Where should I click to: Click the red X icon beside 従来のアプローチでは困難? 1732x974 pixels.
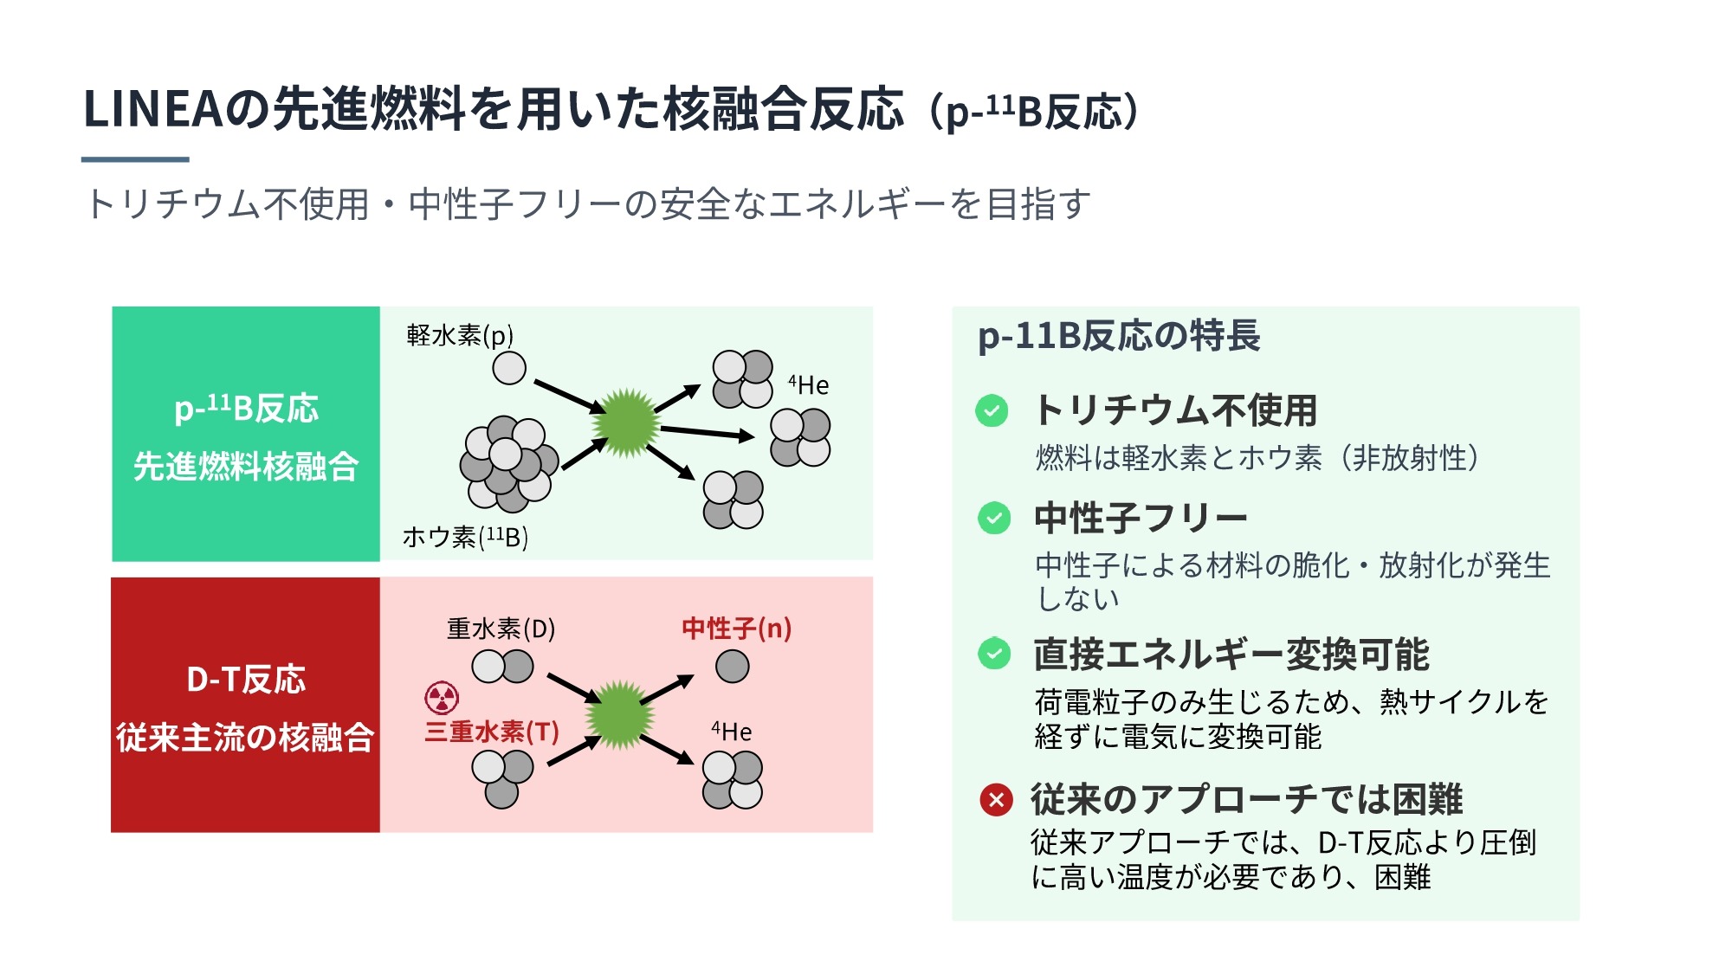point(996,800)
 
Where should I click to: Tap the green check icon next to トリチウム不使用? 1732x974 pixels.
point(992,410)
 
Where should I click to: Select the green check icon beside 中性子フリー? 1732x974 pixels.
point(993,519)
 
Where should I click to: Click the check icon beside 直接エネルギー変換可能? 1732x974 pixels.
point(993,654)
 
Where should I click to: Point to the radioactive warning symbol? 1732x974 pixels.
point(442,697)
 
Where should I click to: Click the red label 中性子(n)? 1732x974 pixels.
point(736,629)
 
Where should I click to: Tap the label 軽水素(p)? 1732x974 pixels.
point(460,335)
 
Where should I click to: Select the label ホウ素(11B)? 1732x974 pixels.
point(465,538)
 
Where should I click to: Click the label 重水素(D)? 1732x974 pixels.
point(501,629)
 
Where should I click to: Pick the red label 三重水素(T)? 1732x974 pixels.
point(492,732)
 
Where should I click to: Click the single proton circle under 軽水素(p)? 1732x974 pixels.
point(509,368)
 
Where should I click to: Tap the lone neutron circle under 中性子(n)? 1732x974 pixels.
point(733,667)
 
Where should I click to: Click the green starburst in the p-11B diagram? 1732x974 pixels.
point(626,423)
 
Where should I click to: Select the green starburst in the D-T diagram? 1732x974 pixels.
point(619,714)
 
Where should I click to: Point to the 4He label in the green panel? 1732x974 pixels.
point(808,384)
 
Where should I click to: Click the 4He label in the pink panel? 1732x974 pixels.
point(731,732)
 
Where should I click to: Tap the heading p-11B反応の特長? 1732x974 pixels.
point(1118,336)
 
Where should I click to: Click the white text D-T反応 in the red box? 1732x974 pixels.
point(246,680)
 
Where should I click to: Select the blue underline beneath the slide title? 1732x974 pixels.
point(135,159)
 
